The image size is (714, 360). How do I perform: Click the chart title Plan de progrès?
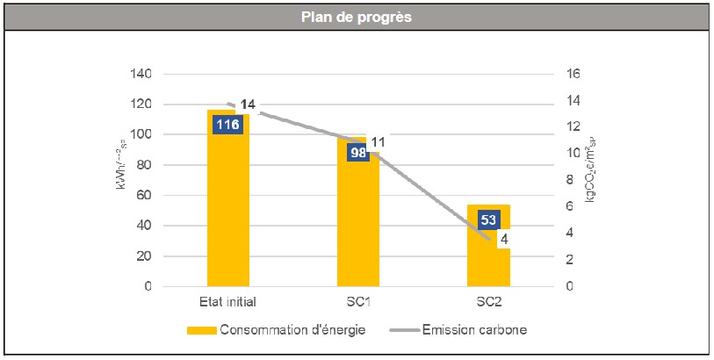click(357, 17)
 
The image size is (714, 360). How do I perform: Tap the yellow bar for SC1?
click(358, 228)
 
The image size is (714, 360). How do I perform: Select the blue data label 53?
click(488, 219)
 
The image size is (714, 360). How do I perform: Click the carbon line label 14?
click(248, 104)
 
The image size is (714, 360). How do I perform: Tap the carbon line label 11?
click(379, 142)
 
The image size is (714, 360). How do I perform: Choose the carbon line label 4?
click(504, 238)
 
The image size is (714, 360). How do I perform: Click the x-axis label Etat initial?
click(227, 303)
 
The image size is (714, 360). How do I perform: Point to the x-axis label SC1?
click(357, 303)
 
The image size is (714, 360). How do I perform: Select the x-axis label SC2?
click(488, 303)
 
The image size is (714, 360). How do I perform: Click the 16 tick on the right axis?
click(573, 74)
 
